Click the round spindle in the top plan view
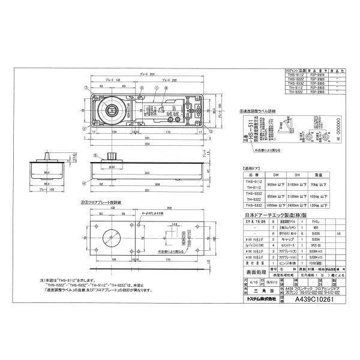pos(111,110)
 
